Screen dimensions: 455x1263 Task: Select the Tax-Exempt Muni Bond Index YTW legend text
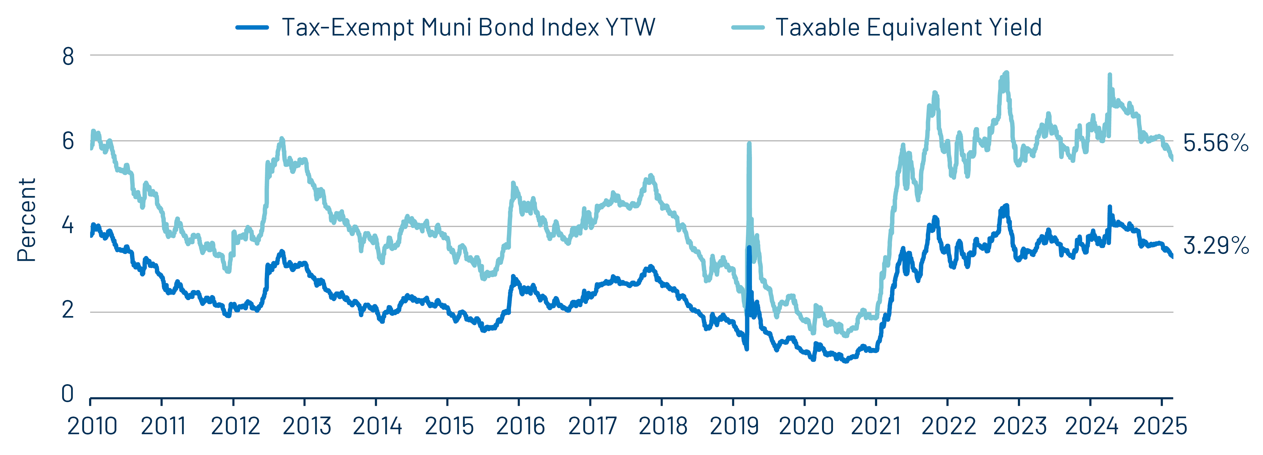[468, 27]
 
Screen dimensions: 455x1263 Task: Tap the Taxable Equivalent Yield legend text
[908, 27]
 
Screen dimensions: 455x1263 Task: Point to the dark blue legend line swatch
[252, 27]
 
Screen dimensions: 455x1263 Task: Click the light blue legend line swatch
[748, 27]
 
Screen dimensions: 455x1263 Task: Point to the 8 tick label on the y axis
[68, 57]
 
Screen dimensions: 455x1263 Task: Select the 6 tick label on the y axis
[68, 142]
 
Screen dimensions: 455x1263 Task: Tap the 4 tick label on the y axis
[68, 226]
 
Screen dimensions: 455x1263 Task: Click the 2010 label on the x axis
[92, 426]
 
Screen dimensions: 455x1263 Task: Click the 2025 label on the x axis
[1160, 426]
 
